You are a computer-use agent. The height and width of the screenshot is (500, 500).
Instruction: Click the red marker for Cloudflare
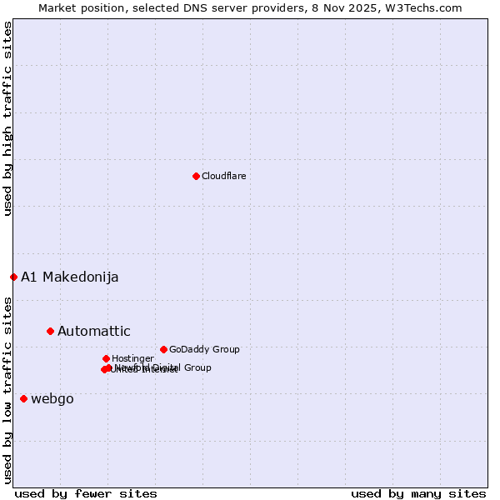point(196,176)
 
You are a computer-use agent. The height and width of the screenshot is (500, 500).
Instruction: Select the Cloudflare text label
point(223,176)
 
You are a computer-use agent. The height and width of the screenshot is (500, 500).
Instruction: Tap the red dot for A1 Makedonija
point(13,277)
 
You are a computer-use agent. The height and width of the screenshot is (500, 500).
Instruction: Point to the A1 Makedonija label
point(69,277)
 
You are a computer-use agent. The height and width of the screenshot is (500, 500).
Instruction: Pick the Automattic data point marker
point(50,331)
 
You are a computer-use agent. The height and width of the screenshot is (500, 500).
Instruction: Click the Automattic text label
point(93,331)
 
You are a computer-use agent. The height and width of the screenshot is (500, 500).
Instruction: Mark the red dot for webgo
point(23,398)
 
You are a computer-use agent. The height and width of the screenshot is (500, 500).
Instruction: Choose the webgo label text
point(52,398)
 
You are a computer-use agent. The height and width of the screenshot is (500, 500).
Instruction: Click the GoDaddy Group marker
point(163,349)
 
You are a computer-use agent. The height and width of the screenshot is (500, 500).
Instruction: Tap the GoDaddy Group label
point(204,350)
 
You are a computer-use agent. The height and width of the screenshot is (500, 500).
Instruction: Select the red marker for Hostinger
point(106,358)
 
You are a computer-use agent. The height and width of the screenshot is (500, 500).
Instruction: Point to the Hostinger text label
point(132,358)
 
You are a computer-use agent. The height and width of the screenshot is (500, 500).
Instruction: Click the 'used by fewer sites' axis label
point(85,493)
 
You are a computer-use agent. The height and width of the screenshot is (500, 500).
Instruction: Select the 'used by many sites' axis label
point(418,493)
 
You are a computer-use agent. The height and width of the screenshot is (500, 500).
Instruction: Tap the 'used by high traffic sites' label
point(7,118)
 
